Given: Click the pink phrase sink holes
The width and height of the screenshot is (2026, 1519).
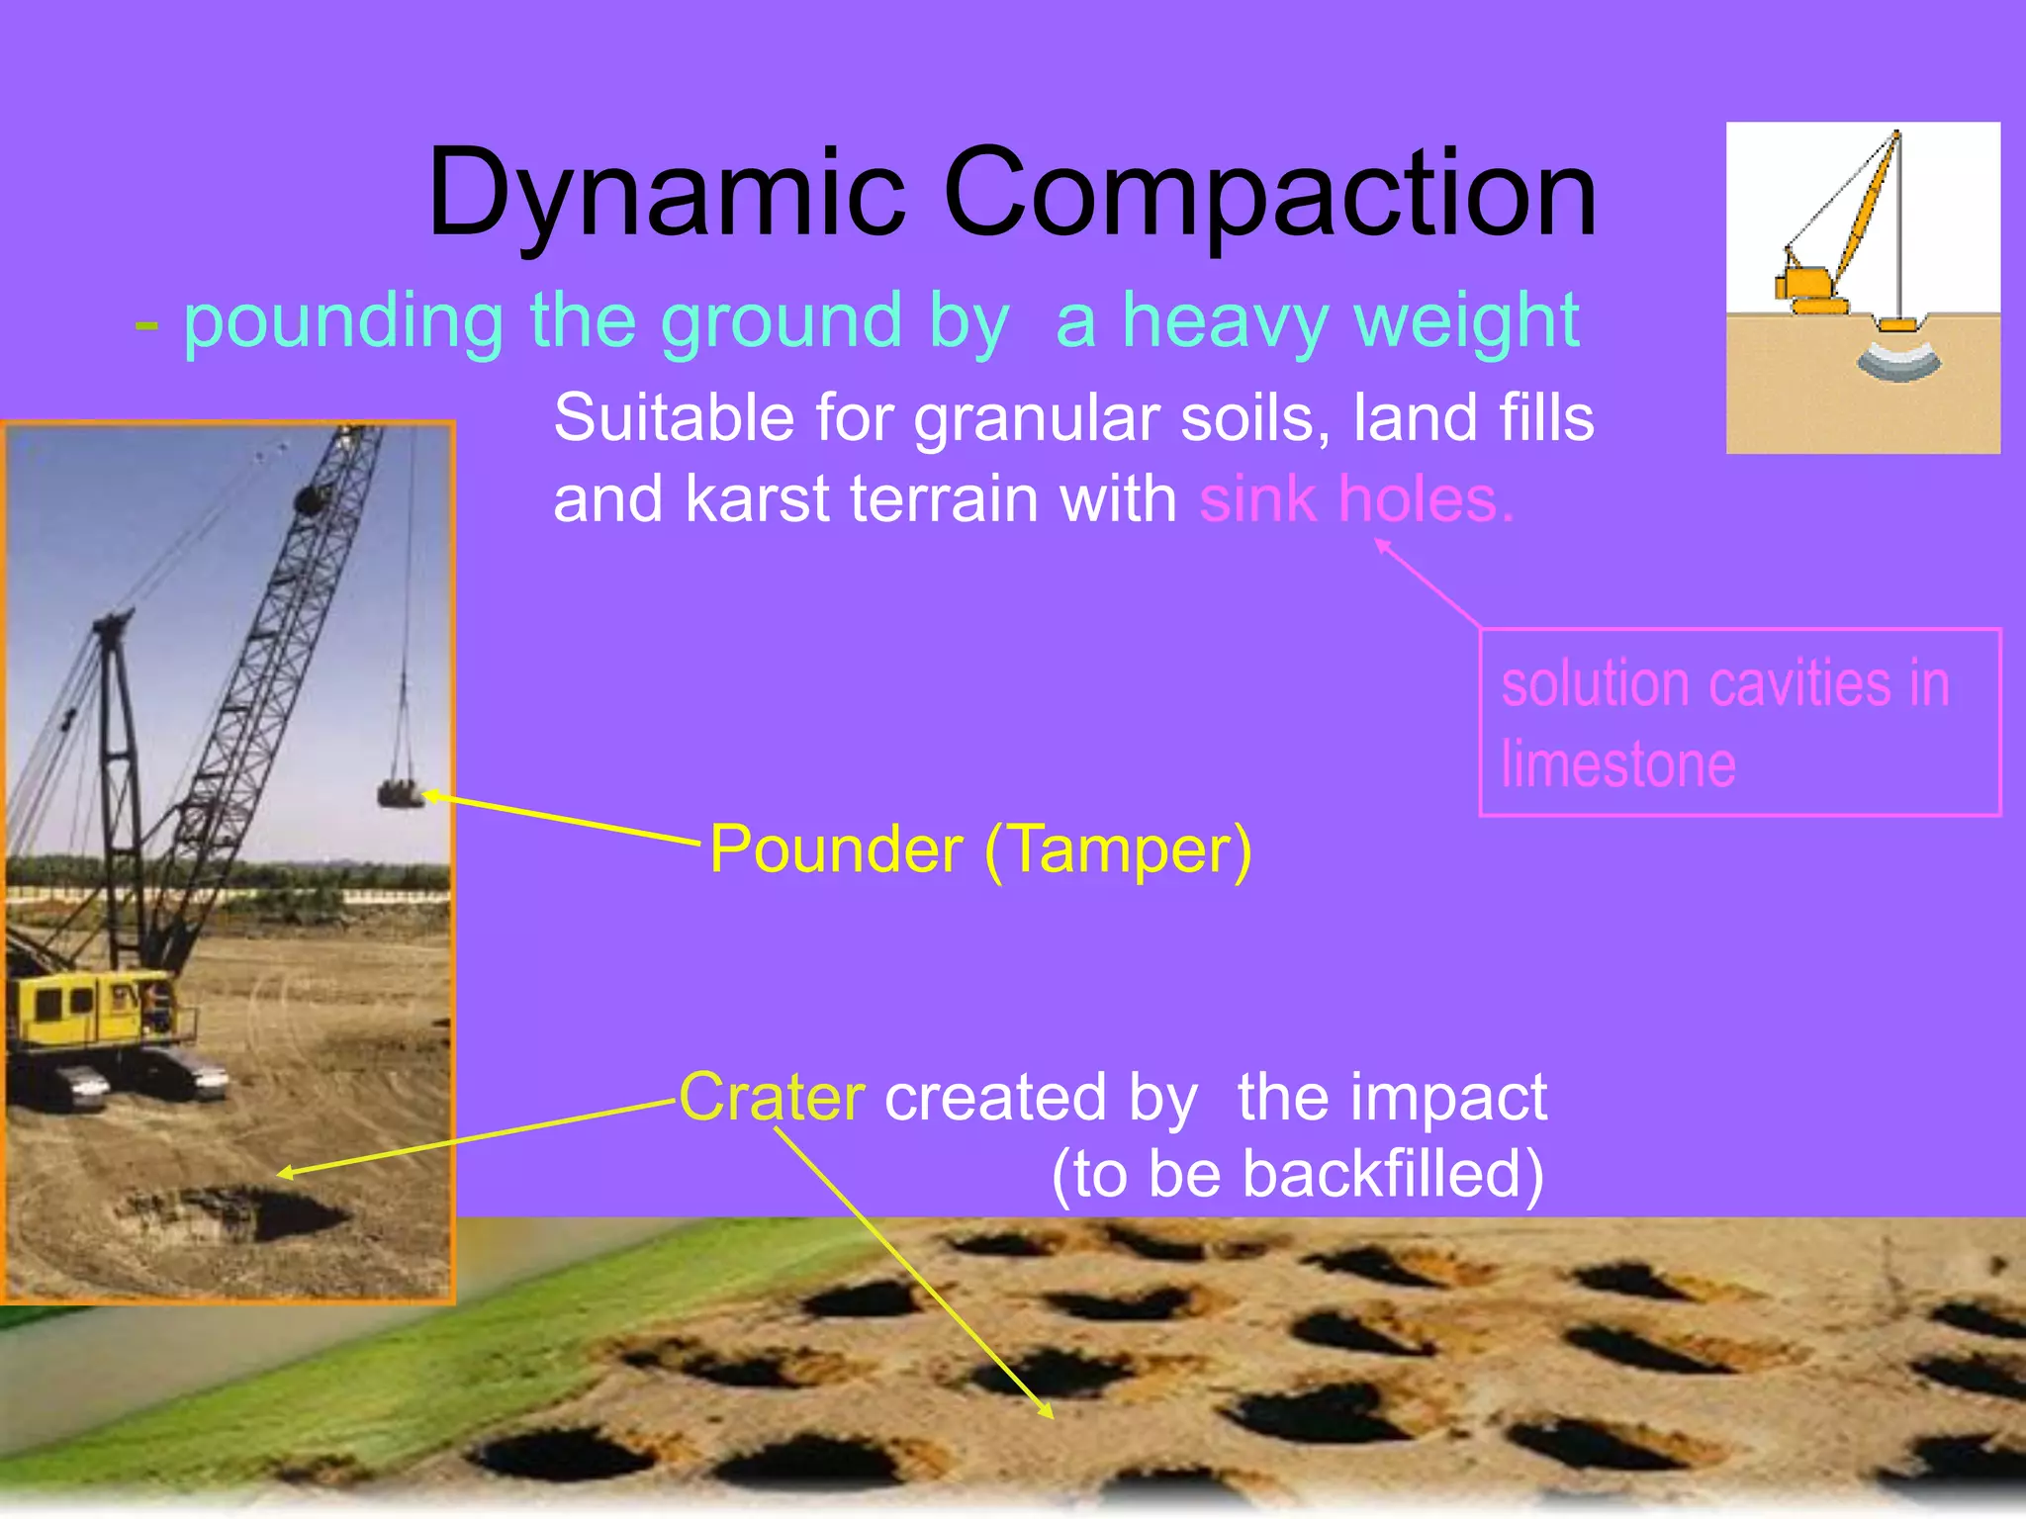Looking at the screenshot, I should [1355, 498].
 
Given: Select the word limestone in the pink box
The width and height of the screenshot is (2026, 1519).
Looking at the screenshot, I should [1618, 764].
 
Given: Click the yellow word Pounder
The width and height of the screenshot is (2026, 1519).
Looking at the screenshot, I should [836, 849].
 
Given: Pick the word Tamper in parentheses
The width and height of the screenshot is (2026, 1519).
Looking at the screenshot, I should [1118, 849].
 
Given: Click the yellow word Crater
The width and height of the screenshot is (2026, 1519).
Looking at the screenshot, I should [772, 1098].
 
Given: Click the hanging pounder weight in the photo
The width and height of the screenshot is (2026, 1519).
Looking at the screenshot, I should [400, 793].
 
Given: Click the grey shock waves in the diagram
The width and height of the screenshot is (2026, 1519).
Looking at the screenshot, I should [1897, 362].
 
